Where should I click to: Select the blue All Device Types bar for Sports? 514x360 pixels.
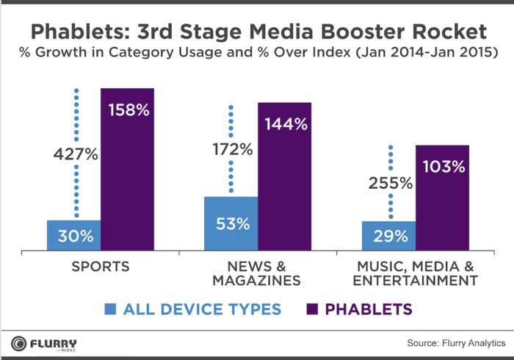click(74, 235)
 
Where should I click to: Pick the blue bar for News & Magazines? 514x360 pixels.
click(231, 223)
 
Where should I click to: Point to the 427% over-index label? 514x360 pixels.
click(75, 155)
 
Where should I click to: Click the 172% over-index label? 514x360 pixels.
click(231, 148)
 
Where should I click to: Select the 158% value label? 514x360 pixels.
click(128, 111)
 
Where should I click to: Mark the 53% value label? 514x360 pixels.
click(231, 223)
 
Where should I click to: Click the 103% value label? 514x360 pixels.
click(443, 167)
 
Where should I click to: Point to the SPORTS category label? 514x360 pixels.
click(101, 266)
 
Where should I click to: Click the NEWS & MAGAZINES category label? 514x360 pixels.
click(258, 273)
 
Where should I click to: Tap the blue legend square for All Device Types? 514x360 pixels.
click(111, 309)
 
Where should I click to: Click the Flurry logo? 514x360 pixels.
click(44, 343)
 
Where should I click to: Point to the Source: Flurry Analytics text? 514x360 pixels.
click(456, 343)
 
